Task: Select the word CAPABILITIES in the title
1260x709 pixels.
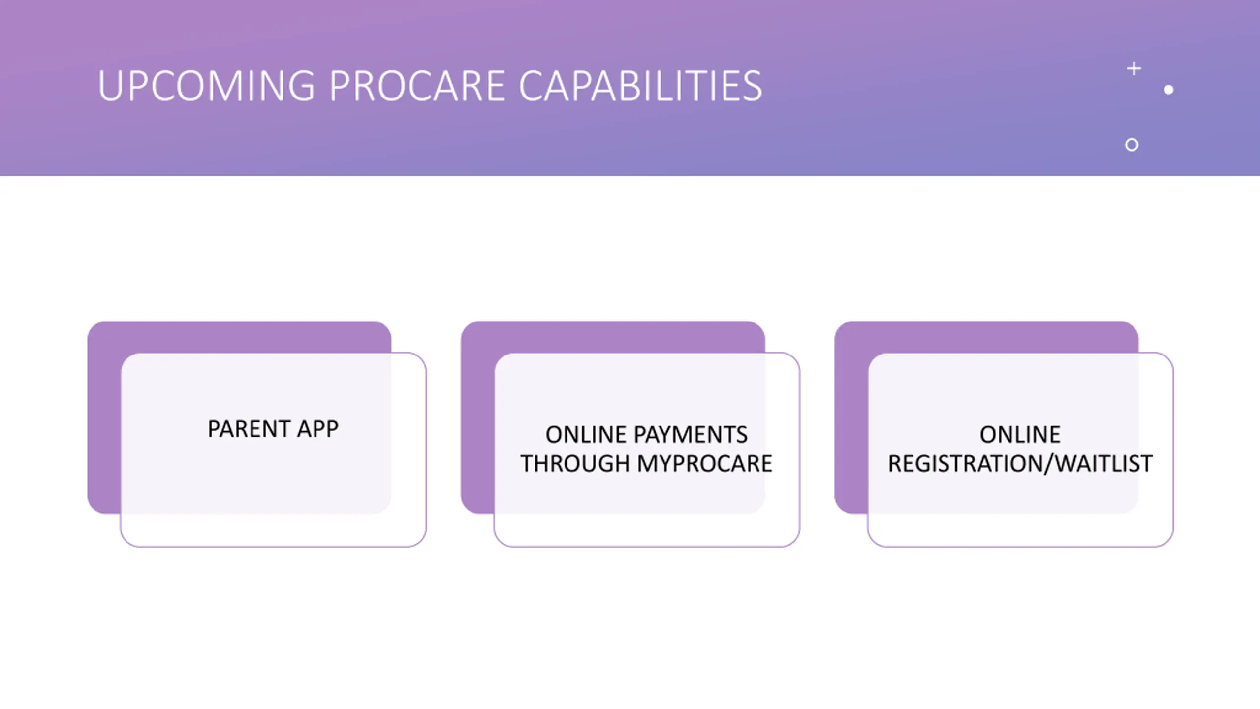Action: point(640,86)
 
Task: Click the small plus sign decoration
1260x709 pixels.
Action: point(1134,68)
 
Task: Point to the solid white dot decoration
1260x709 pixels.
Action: point(1168,90)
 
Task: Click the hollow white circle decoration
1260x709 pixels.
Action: point(1132,145)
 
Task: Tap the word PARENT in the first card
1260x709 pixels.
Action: point(249,429)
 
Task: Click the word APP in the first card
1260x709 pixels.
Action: point(317,429)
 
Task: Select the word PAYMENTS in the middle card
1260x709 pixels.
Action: point(691,435)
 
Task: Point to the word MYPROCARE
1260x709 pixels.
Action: point(704,464)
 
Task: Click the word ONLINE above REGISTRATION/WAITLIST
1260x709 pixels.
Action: point(1020,435)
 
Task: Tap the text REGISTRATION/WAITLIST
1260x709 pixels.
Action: point(1020,464)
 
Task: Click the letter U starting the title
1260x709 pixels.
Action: point(109,86)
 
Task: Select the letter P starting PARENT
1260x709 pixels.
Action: point(214,429)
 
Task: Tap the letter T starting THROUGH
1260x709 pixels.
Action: point(528,464)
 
